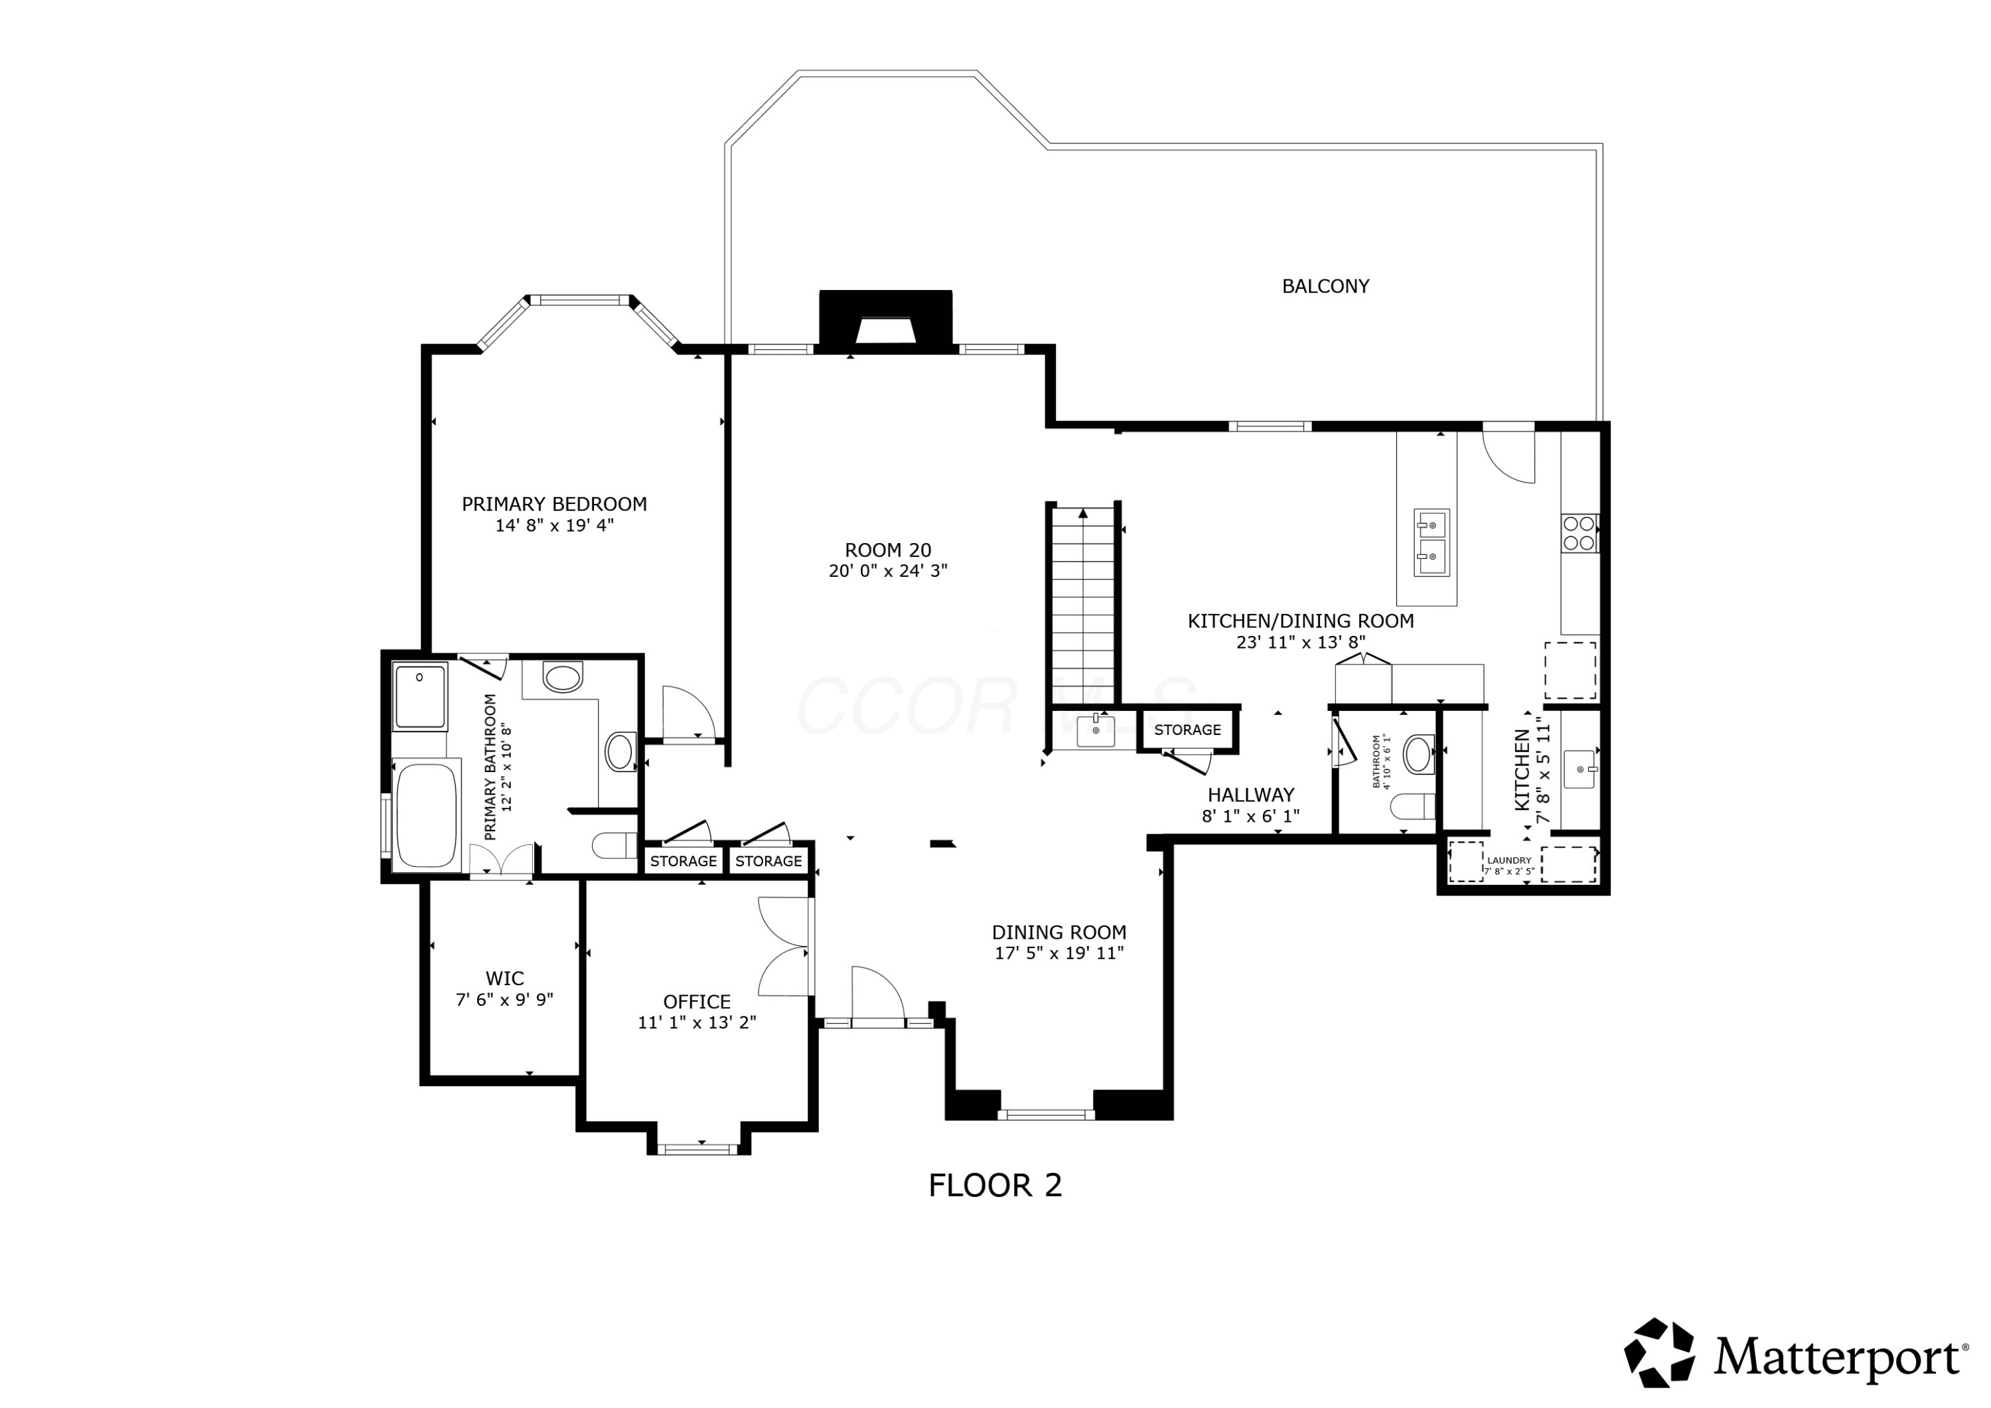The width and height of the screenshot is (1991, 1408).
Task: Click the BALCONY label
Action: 1325,286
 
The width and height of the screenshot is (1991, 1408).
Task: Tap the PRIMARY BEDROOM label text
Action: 554,504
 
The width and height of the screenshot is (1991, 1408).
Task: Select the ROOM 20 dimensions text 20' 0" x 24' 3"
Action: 888,571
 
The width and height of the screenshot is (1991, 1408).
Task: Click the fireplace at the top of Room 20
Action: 885,319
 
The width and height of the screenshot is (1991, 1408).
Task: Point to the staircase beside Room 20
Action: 1083,605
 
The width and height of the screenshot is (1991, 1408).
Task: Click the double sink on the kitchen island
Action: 1431,542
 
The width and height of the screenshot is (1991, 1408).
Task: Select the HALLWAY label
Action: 1250,795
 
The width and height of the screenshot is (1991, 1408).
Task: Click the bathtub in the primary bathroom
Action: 426,815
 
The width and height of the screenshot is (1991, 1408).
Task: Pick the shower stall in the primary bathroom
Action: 421,696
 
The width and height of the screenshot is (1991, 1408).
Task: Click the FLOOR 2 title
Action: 995,1185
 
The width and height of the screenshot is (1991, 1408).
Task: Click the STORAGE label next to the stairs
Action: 1187,730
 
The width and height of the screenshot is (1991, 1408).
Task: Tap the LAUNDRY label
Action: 1509,860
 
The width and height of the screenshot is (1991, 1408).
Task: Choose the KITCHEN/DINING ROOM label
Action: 1300,621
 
